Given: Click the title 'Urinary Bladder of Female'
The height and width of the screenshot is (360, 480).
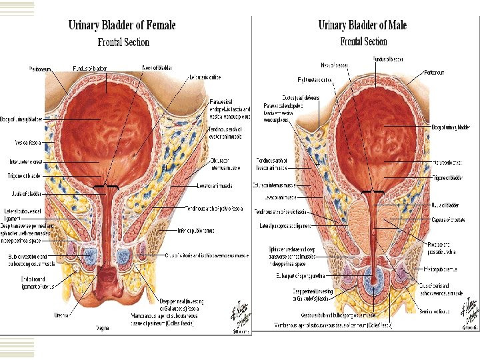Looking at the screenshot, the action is [x=122, y=26].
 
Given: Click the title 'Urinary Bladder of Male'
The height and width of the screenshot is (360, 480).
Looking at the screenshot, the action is [x=363, y=26].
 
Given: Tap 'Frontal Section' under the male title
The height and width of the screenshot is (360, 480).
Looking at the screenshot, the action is [x=363, y=41].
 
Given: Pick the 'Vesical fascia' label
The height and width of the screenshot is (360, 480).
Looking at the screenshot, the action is [x=31, y=142].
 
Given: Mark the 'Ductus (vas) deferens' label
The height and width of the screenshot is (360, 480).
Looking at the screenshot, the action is [x=301, y=98].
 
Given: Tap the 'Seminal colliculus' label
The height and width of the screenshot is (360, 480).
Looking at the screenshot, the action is [x=437, y=310].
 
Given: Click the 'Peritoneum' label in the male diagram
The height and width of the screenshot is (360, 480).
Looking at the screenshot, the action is [x=436, y=71].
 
